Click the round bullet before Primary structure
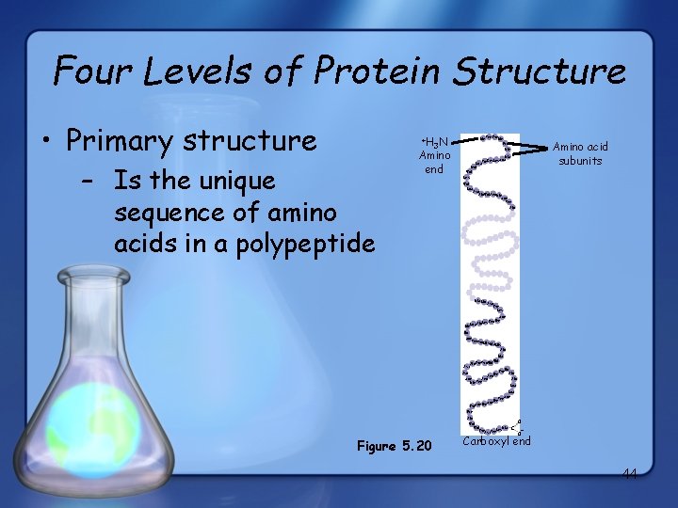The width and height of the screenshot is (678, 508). (46, 142)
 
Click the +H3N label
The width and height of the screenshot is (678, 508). (433, 140)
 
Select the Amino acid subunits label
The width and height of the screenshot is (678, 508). (580, 153)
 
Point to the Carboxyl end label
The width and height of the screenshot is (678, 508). (496, 441)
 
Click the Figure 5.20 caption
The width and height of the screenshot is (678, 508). (394, 445)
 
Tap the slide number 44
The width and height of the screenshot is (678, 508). (628, 474)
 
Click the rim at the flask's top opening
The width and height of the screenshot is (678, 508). (92, 276)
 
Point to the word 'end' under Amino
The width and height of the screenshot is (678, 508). (434, 169)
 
